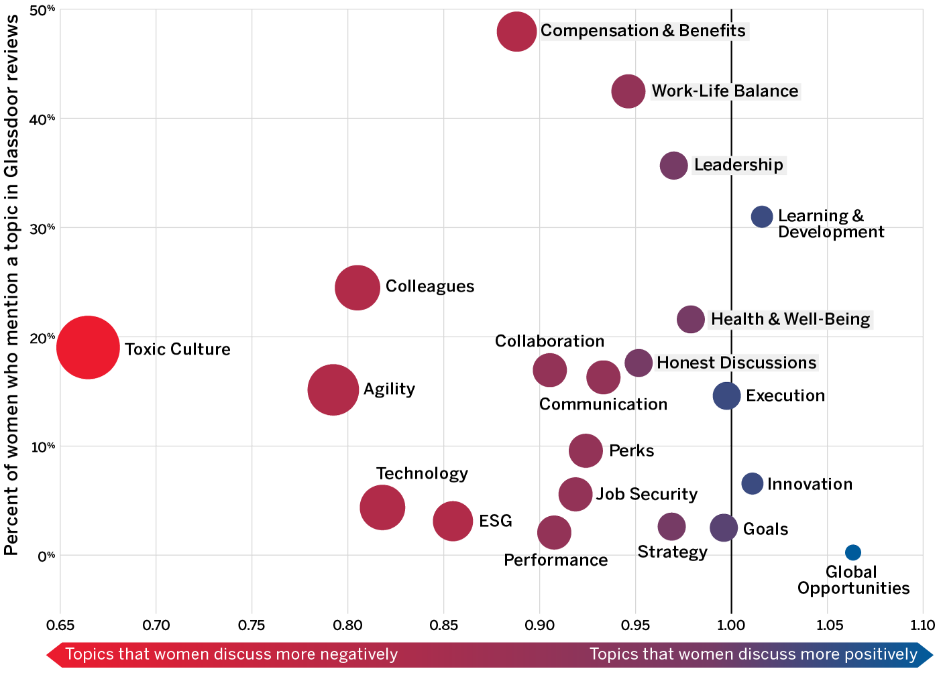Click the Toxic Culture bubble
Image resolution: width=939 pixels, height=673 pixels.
coord(88,347)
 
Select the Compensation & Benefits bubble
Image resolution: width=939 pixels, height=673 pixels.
coord(516,32)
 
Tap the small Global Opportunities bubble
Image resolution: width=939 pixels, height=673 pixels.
coord(852,552)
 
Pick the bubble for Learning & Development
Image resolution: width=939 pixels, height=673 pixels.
coord(762,217)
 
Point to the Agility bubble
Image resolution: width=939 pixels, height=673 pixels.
coord(333,390)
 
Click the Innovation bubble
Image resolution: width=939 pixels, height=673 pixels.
coord(753,483)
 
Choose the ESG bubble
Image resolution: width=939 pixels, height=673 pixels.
coord(453,521)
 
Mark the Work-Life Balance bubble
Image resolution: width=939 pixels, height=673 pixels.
coord(628,91)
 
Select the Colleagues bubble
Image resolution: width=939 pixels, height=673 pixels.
coord(357,288)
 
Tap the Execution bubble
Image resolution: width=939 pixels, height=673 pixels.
coord(726,395)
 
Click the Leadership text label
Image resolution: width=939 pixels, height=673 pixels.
coord(738,165)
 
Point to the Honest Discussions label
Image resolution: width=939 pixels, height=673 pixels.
coord(736,363)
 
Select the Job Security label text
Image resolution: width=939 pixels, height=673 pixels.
coord(647,494)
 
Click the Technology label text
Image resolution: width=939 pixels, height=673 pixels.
coord(422,473)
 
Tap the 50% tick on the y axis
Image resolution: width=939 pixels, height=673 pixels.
coord(42,10)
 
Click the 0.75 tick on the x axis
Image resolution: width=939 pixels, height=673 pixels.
coord(252,625)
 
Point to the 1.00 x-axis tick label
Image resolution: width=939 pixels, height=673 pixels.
coord(730,625)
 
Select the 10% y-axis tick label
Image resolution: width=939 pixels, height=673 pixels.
coord(42,446)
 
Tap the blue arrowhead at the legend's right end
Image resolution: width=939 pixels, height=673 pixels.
coord(926,654)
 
